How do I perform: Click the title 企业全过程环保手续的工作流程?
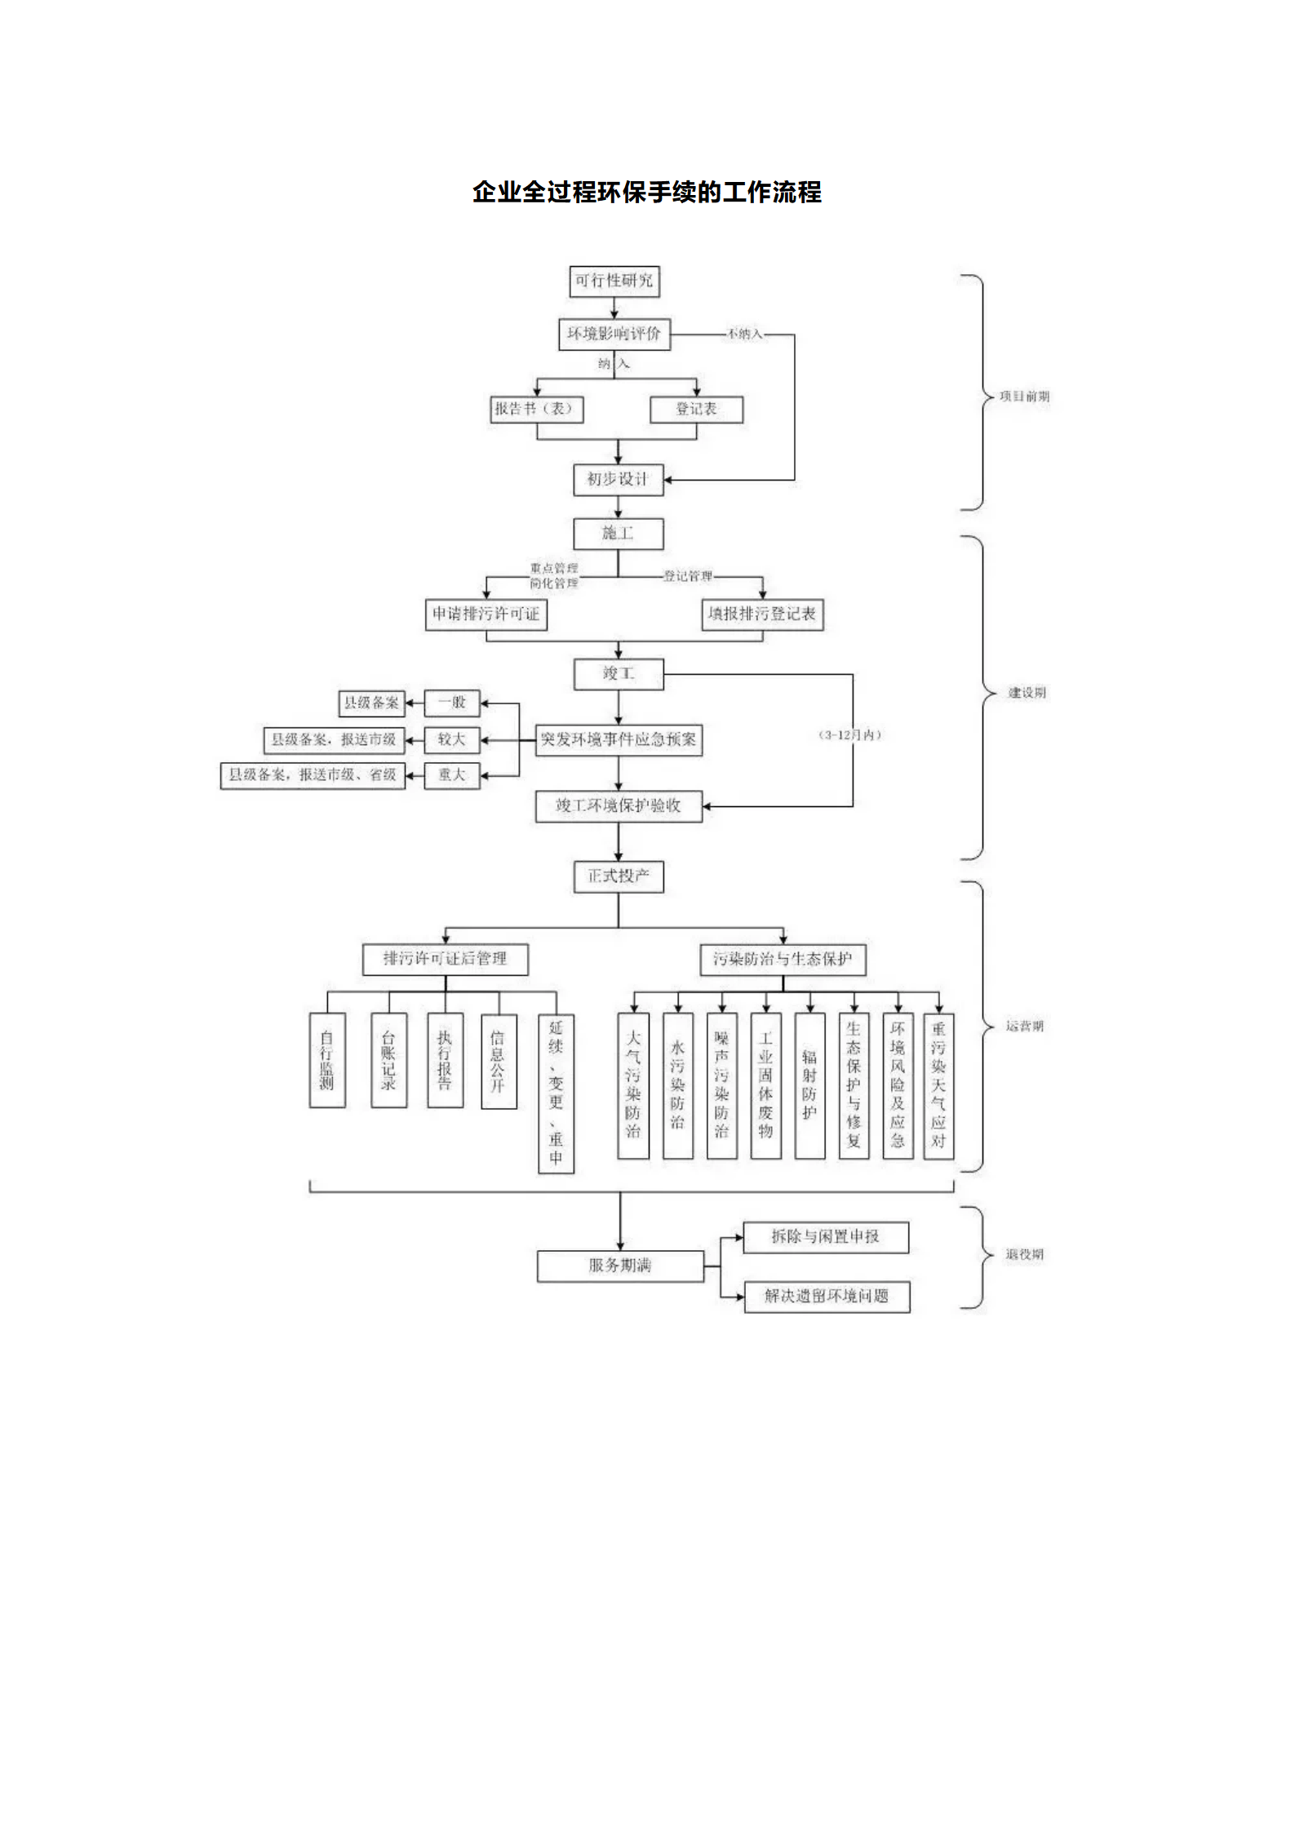[x=646, y=193]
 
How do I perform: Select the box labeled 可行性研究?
[x=614, y=281]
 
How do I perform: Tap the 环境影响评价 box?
[x=614, y=334]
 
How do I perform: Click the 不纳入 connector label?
[x=744, y=334]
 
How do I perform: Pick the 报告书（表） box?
[x=536, y=409]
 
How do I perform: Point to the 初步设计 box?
[x=618, y=479]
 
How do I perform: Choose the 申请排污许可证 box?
[x=486, y=614]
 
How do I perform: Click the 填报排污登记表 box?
[x=762, y=614]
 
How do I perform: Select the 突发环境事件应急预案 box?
[x=619, y=739]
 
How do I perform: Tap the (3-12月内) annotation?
[x=850, y=734]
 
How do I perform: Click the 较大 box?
[x=451, y=739]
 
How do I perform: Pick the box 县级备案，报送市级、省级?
[x=313, y=774]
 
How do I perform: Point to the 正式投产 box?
[x=618, y=876]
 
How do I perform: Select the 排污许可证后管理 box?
[x=445, y=958]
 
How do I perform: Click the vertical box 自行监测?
[x=327, y=1059]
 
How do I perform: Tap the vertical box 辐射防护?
[x=809, y=1085]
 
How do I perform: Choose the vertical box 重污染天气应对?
[x=938, y=1085]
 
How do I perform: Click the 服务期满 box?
[x=620, y=1265]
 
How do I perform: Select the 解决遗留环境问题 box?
[x=827, y=1296]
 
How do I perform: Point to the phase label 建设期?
[x=1027, y=692]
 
